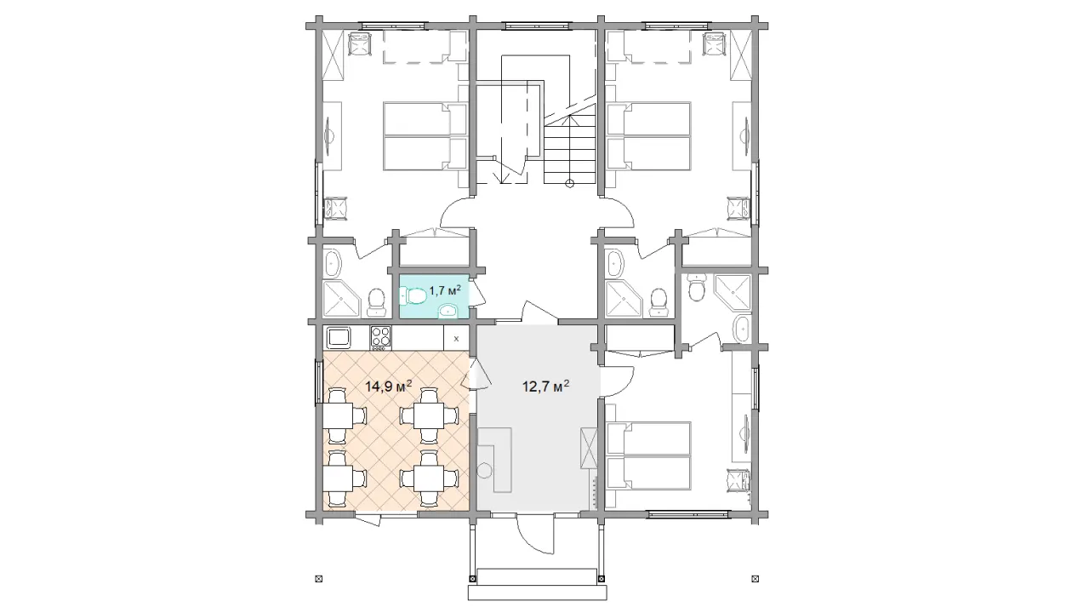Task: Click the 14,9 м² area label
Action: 389,386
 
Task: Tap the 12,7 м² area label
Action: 545,386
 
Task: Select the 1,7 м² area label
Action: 445,289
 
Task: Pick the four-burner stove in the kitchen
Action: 380,337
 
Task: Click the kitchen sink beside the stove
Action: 339,337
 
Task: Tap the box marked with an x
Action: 456,338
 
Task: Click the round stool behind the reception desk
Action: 485,471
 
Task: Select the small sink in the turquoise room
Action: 448,311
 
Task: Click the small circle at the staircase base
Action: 569,183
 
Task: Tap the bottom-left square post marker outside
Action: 319,579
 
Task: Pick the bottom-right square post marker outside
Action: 756,579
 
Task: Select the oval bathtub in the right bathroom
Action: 742,329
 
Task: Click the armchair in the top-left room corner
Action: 360,44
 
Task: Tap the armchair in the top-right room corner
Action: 715,44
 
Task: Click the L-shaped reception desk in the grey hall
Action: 495,459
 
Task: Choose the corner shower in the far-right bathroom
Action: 733,292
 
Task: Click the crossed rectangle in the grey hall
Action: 588,449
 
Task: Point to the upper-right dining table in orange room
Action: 430,415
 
